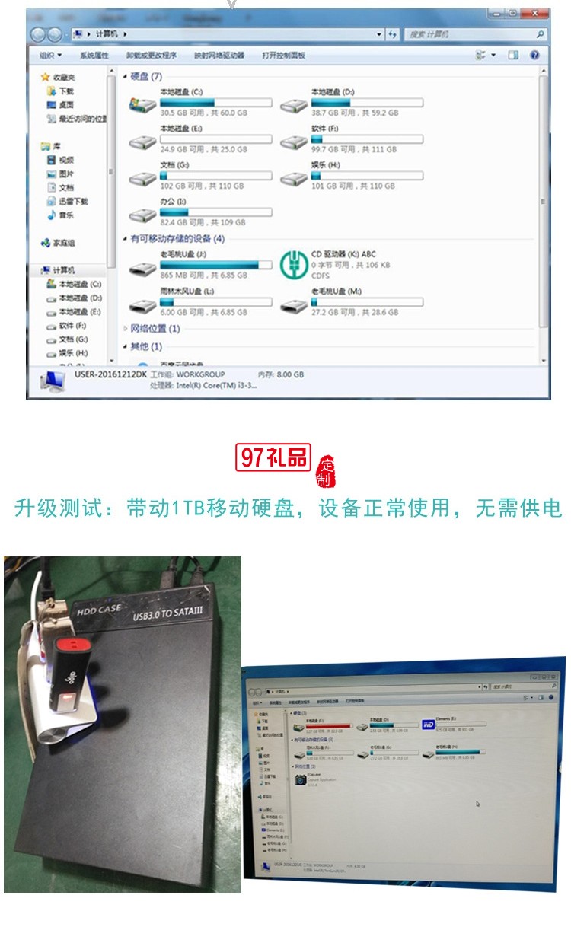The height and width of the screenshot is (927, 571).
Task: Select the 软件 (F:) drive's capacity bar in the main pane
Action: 367,139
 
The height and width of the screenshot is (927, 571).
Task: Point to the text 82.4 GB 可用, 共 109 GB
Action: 203,222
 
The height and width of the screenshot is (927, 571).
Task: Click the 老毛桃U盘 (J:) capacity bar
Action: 215,264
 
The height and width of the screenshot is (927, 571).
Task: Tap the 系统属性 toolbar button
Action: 94,56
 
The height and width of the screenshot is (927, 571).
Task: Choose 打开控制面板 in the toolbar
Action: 283,56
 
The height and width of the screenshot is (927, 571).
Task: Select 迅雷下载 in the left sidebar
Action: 73,202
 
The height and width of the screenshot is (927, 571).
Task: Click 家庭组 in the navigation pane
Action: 63,243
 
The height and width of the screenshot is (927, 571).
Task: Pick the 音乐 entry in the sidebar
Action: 66,215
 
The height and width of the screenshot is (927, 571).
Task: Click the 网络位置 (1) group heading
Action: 155,329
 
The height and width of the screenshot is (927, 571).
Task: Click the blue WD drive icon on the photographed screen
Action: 429,724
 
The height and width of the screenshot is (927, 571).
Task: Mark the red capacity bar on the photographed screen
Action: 328,726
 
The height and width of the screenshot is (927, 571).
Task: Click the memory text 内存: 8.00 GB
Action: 281,374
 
